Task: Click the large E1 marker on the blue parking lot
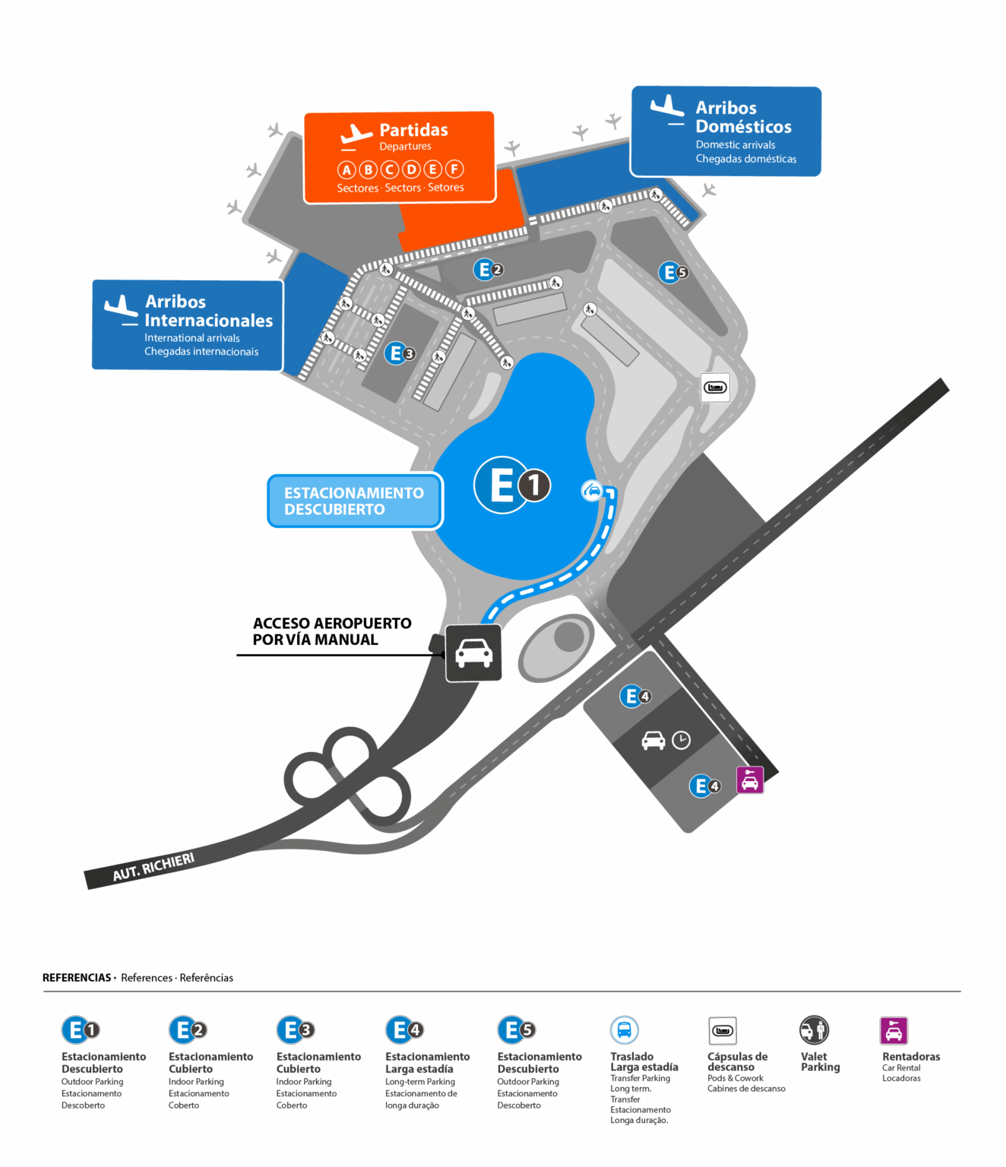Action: [512, 485]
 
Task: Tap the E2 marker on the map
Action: [488, 270]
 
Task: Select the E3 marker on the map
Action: [400, 353]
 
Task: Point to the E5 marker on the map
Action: [672, 272]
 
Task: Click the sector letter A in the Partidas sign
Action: [346, 169]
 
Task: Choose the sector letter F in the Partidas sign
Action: [454, 169]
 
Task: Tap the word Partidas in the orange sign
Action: [413, 130]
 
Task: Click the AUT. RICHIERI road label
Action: [153, 867]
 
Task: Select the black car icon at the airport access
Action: [473, 653]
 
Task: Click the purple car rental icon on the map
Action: [749, 780]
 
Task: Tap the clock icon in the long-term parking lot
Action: [681, 740]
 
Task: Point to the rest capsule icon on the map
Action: [715, 387]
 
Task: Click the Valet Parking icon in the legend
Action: [814, 1030]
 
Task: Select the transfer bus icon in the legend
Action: [624, 1030]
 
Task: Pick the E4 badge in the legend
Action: [403, 1030]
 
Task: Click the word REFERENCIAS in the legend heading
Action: [77, 978]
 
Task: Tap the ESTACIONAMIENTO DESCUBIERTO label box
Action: [354, 501]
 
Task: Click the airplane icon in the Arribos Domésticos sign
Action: [667, 109]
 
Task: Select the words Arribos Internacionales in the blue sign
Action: [208, 311]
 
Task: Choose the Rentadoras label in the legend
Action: [910, 1057]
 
